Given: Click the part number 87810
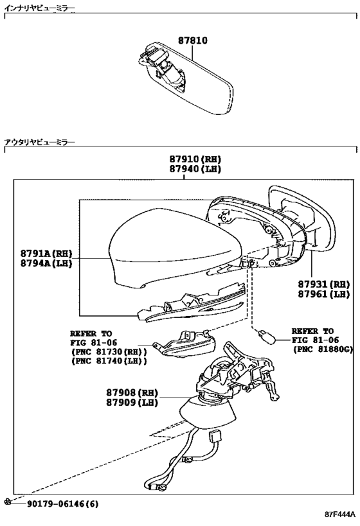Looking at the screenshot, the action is click(192, 41).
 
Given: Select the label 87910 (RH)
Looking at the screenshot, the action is click(195, 159).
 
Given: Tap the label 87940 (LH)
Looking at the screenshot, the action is click(195, 169).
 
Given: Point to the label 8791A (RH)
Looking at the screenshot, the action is click(46, 253).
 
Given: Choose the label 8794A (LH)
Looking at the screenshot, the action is click(46, 263).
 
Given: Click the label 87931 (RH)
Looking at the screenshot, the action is click(324, 285).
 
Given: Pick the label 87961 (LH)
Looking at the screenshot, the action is click(324, 294).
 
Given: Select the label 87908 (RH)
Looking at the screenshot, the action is click(132, 392).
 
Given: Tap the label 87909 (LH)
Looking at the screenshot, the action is click(132, 402).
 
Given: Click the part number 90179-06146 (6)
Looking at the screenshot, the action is click(63, 504).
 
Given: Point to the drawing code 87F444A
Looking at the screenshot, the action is click(339, 514).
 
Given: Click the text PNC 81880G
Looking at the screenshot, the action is click(325, 349).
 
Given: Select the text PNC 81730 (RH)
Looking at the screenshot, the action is click(109, 352).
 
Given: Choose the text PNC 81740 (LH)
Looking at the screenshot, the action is click(109, 362).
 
